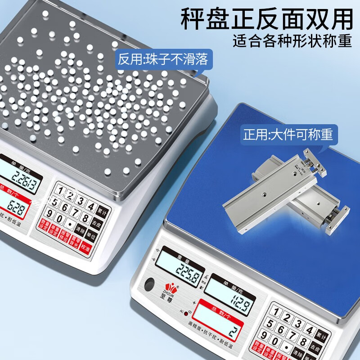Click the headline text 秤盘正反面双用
tap(266, 19)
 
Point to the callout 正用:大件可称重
tap(288, 134)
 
